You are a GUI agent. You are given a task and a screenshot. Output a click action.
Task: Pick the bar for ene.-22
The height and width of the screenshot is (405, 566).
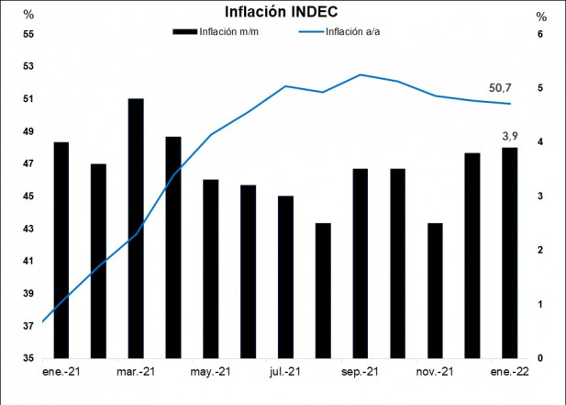(x=509, y=253)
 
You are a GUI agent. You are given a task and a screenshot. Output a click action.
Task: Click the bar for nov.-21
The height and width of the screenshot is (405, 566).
(x=435, y=290)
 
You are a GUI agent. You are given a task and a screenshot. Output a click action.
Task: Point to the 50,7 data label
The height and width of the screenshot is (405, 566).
(x=500, y=88)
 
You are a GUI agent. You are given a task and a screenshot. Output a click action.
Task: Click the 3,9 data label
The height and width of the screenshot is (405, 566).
(x=510, y=136)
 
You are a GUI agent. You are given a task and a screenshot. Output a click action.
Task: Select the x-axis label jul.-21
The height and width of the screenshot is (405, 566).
(x=285, y=372)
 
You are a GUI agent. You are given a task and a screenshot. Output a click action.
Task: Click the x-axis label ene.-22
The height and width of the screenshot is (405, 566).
(x=510, y=372)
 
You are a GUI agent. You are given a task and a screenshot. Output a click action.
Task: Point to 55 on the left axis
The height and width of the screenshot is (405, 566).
(x=28, y=34)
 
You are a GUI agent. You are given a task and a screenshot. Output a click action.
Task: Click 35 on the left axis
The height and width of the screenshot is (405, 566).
(x=28, y=358)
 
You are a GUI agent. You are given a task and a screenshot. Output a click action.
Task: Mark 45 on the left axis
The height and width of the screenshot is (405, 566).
(x=28, y=197)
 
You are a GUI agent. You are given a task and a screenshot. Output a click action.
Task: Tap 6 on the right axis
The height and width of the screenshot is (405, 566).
(x=541, y=34)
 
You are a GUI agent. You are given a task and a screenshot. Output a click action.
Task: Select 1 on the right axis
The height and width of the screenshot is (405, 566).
(x=541, y=304)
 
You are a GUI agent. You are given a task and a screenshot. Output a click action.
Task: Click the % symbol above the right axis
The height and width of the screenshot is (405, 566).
(x=541, y=17)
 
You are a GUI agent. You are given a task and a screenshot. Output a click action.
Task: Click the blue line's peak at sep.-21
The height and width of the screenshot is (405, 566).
(x=361, y=74)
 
